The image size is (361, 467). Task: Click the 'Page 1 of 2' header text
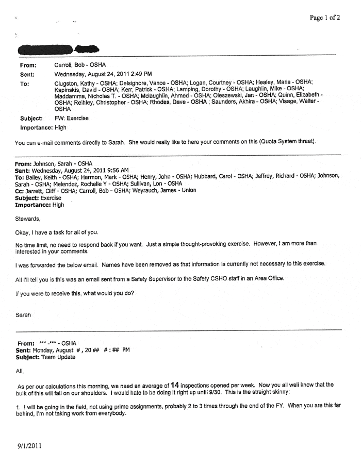tap(324, 17)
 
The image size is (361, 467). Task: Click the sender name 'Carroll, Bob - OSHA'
tap(80, 65)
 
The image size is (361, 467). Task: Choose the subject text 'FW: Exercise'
tap(71, 118)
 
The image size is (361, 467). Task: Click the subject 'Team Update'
tap(58, 357)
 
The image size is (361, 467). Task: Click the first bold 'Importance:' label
tap(36, 127)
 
